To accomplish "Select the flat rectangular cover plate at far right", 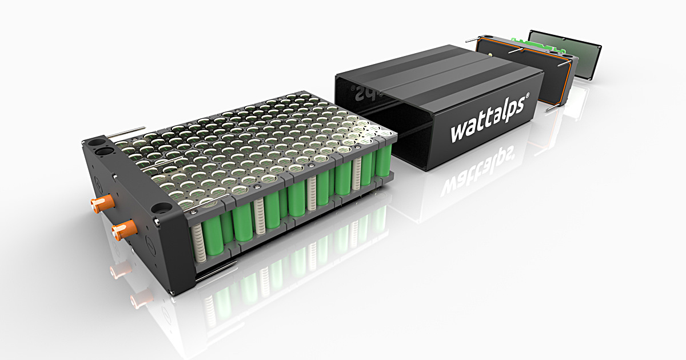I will click(563, 54).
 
